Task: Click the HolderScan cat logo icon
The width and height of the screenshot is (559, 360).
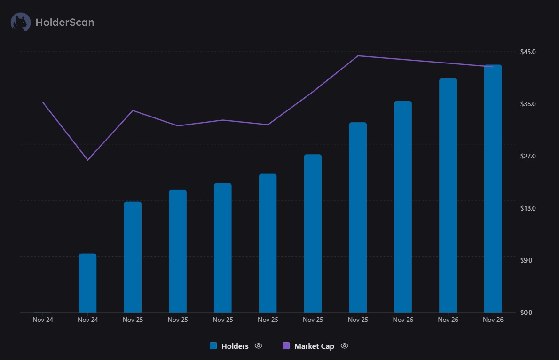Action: pyautogui.click(x=21, y=22)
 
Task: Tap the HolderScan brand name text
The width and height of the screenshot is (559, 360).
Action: pyautogui.click(x=64, y=22)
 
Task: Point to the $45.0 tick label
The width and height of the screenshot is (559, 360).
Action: pyautogui.click(x=528, y=51)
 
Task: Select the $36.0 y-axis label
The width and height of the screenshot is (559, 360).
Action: pyautogui.click(x=528, y=104)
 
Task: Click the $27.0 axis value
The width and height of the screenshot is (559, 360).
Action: pyautogui.click(x=528, y=156)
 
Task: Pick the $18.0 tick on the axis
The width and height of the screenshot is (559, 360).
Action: pyautogui.click(x=528, y=208)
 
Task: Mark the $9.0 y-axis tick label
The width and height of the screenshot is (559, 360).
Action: pyautogui.click(x=527, y=260)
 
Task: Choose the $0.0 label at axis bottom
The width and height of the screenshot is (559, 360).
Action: pyautogui.click(x=527, y=313)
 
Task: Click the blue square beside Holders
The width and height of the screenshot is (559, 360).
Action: pyautogui.click(x=213, y=346)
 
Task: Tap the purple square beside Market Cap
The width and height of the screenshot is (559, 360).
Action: pyautogui.click(x=286, y=346)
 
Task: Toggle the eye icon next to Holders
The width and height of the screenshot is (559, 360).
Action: pyautogui.click(x=258, y=346)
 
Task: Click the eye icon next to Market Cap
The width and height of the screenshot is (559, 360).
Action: pyautogui.click(x=344, y=346)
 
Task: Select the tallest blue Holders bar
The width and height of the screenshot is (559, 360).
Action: pyautogui.click(x=493, y=188)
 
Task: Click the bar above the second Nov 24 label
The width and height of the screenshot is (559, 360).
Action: pyautogui.click(x=87, y=283)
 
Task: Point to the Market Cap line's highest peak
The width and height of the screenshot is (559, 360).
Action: pyautogui.click(x=358, y=56)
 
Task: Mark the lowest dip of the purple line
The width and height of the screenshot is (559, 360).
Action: pyautogui.click(x=87, y=160)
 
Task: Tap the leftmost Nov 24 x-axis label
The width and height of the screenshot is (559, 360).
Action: pyautogui.click(x=43, y=320)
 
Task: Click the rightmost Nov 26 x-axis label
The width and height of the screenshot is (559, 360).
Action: pyautogui.click(x=493, y=320)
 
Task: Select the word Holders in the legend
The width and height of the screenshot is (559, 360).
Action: pyautogui.click(x=235, y=346)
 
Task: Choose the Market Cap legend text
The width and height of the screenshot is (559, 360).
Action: pyautogui.click(x=314, y=346)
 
